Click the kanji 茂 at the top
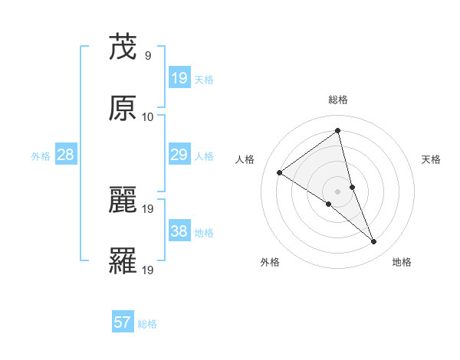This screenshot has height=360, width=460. pyautogui.click(x=123, y=47)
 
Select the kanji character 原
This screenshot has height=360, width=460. pyautogui.click(x=123, y=109)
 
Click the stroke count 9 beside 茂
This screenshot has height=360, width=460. pyautogui.click(x=147, y=55)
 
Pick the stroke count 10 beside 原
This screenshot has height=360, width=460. pyautogui.click(x=148, y=116)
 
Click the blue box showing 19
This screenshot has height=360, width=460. pyautogui.click(x=179, y=77)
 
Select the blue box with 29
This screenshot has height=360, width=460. pyautogui.click(x=179, y=155)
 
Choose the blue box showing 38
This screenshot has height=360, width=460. pyautogui.click(x=179, y=231)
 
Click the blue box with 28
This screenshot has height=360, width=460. pyautogui.click(x=66, y=155)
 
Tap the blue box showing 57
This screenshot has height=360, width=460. pyautogui.click(x=123, y=322)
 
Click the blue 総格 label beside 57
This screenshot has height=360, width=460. pyautogui.click(x=147, y=324)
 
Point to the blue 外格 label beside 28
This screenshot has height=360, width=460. pyautogui.click(x=41, y=156)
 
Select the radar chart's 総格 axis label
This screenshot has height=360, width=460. pyautogui.click(x=338, y=100)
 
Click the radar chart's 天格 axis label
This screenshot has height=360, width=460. pyautogui.click(x=432, y=159)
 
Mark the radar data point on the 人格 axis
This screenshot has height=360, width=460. pyautogui.click(x=280, y=172)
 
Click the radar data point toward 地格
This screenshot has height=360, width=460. pyautogui.click(x=374, y=242)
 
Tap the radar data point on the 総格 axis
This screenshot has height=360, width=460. pyautogui.click(x=338, y=131)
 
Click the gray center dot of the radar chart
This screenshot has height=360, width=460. pyautogui.click(x=338, y=191)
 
